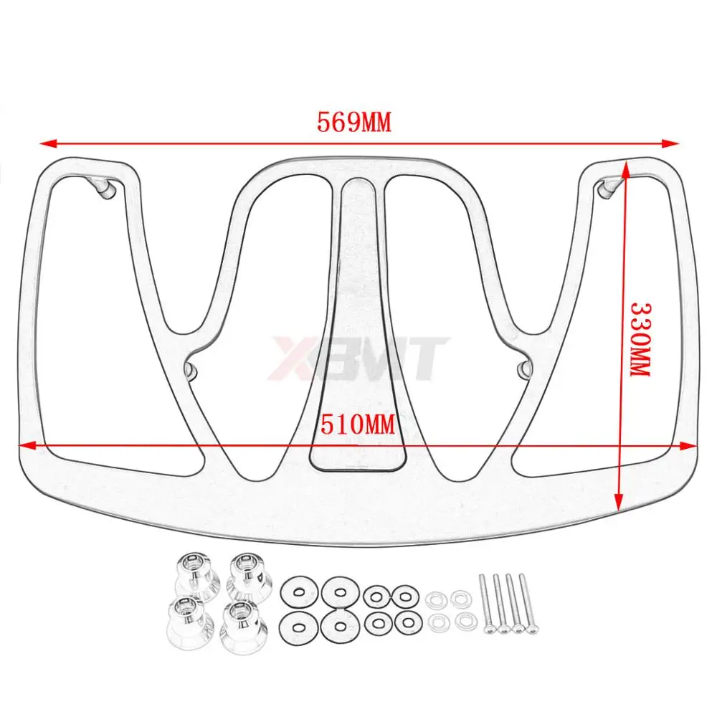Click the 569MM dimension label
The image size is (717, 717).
click(354, 123)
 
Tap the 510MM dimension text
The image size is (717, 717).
click(358, 424)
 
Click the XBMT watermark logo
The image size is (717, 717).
click(358, 356)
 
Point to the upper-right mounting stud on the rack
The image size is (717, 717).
click(608, 186)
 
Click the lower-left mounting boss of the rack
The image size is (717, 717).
click(192, 369)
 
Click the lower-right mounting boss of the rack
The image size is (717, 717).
click(523, 369)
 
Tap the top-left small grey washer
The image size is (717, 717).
click(435, 597)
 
